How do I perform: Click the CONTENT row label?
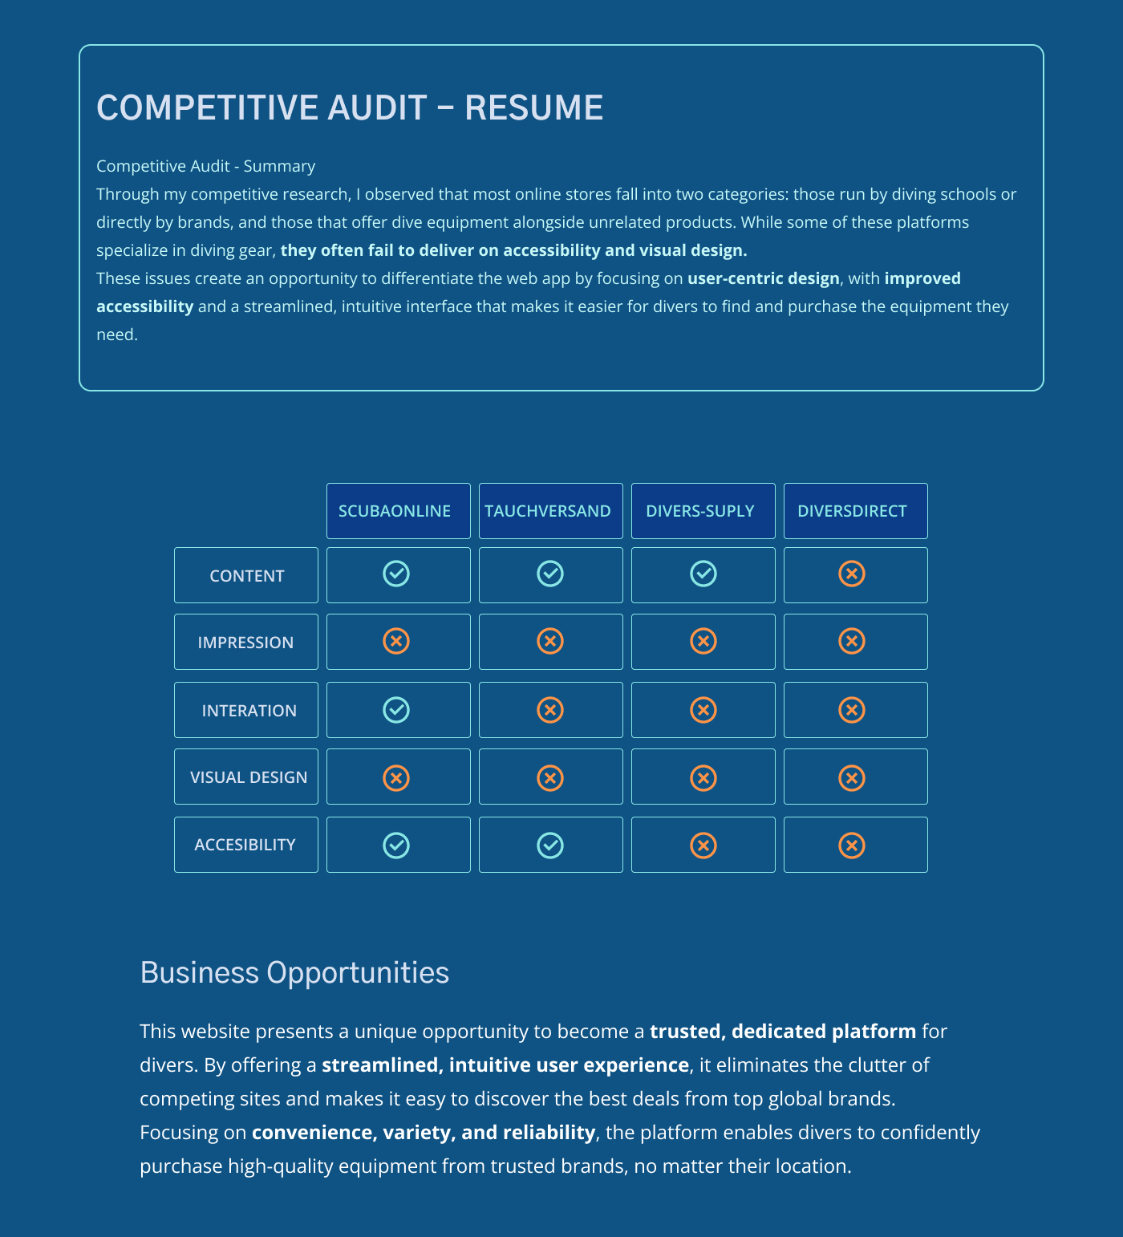[246, 576]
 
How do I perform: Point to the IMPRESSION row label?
[246, 643]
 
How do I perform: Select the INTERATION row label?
[246, 711]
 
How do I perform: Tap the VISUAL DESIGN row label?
[246, 777]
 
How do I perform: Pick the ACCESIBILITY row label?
[246, 845]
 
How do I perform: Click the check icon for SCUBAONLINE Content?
[396, 574]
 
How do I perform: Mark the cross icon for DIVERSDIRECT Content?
[852, 574]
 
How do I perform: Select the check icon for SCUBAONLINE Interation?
[396, 710]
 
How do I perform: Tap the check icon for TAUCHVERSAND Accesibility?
[550, 846]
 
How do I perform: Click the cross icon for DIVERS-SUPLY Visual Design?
[703, 778]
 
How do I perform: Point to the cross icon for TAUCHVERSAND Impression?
[550, 641]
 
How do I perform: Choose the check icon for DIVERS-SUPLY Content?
[703, 574]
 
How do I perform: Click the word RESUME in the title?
[533, 107]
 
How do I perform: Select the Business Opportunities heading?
[294, 972]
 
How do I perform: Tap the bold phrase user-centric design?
[763, 278]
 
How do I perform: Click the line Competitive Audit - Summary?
[205, 166]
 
